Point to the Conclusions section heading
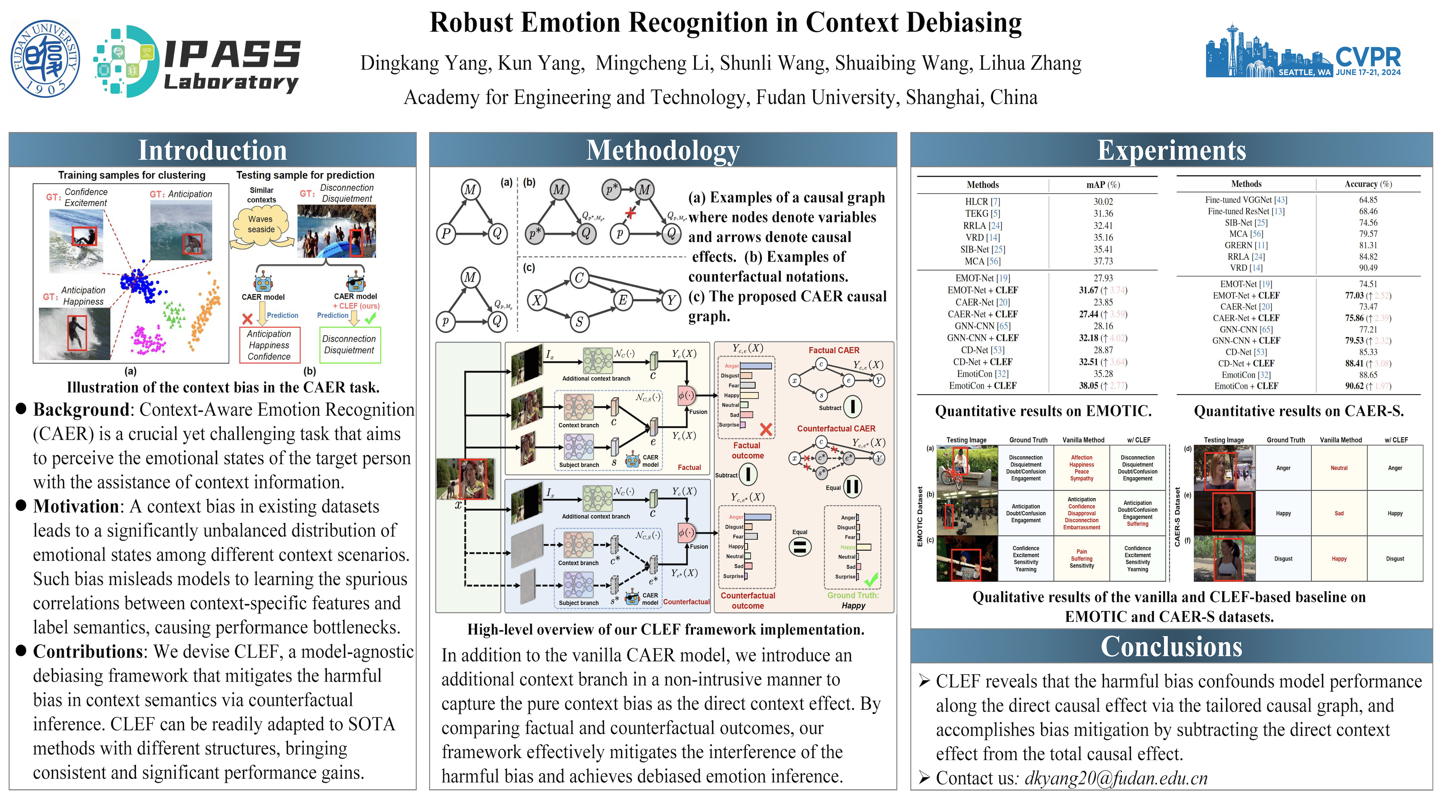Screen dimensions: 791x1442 pos(1171,647)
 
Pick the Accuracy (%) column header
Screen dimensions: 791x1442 pos(1368,184)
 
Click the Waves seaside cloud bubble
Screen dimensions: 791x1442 pos(261,225)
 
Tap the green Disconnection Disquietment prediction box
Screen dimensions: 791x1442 pos(349,345)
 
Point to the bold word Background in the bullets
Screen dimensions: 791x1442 pos(81,410)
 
